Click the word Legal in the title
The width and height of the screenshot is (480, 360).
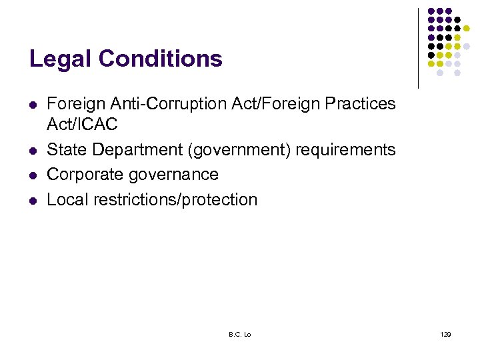point(61,59)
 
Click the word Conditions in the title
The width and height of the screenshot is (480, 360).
point(160,59)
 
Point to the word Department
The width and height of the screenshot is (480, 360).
point(139,150)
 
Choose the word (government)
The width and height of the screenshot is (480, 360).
point(240,150)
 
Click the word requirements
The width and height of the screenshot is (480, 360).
point(345,150)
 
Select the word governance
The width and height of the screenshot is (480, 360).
point(178,175)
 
